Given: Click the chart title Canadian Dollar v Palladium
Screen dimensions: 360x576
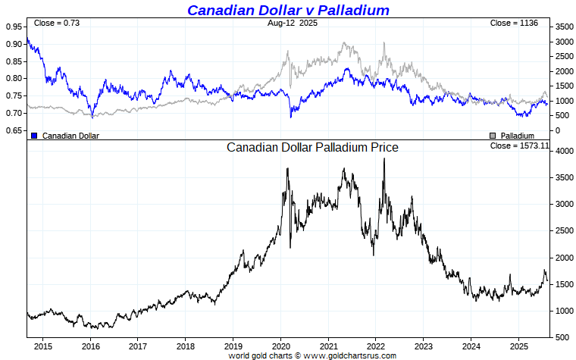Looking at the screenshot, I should tap(288, 10).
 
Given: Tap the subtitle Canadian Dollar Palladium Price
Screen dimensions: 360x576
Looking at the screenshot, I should tap(312, 148).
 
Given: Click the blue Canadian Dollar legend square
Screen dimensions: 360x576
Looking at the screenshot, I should tap(33, 136).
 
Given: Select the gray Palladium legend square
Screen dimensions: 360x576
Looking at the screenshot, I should tap(493, 136).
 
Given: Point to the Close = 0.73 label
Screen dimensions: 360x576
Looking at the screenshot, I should tap(56, 23).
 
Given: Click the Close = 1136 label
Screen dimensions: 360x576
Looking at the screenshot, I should tap(514, 23).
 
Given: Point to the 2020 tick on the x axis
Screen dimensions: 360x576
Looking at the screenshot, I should tap(280, 346).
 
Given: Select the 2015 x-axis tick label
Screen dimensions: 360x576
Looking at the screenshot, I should tap(42, 346).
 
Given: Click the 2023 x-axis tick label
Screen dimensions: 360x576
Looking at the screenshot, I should tap(424, 346).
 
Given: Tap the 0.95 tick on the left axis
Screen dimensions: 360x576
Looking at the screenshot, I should tap(13, 26).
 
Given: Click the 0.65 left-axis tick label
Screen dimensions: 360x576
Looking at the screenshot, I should tap(13, 130).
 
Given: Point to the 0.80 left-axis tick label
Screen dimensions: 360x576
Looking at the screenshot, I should tap(13, 78).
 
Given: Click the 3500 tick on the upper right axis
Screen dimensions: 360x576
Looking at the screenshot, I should tap(563, 27).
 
